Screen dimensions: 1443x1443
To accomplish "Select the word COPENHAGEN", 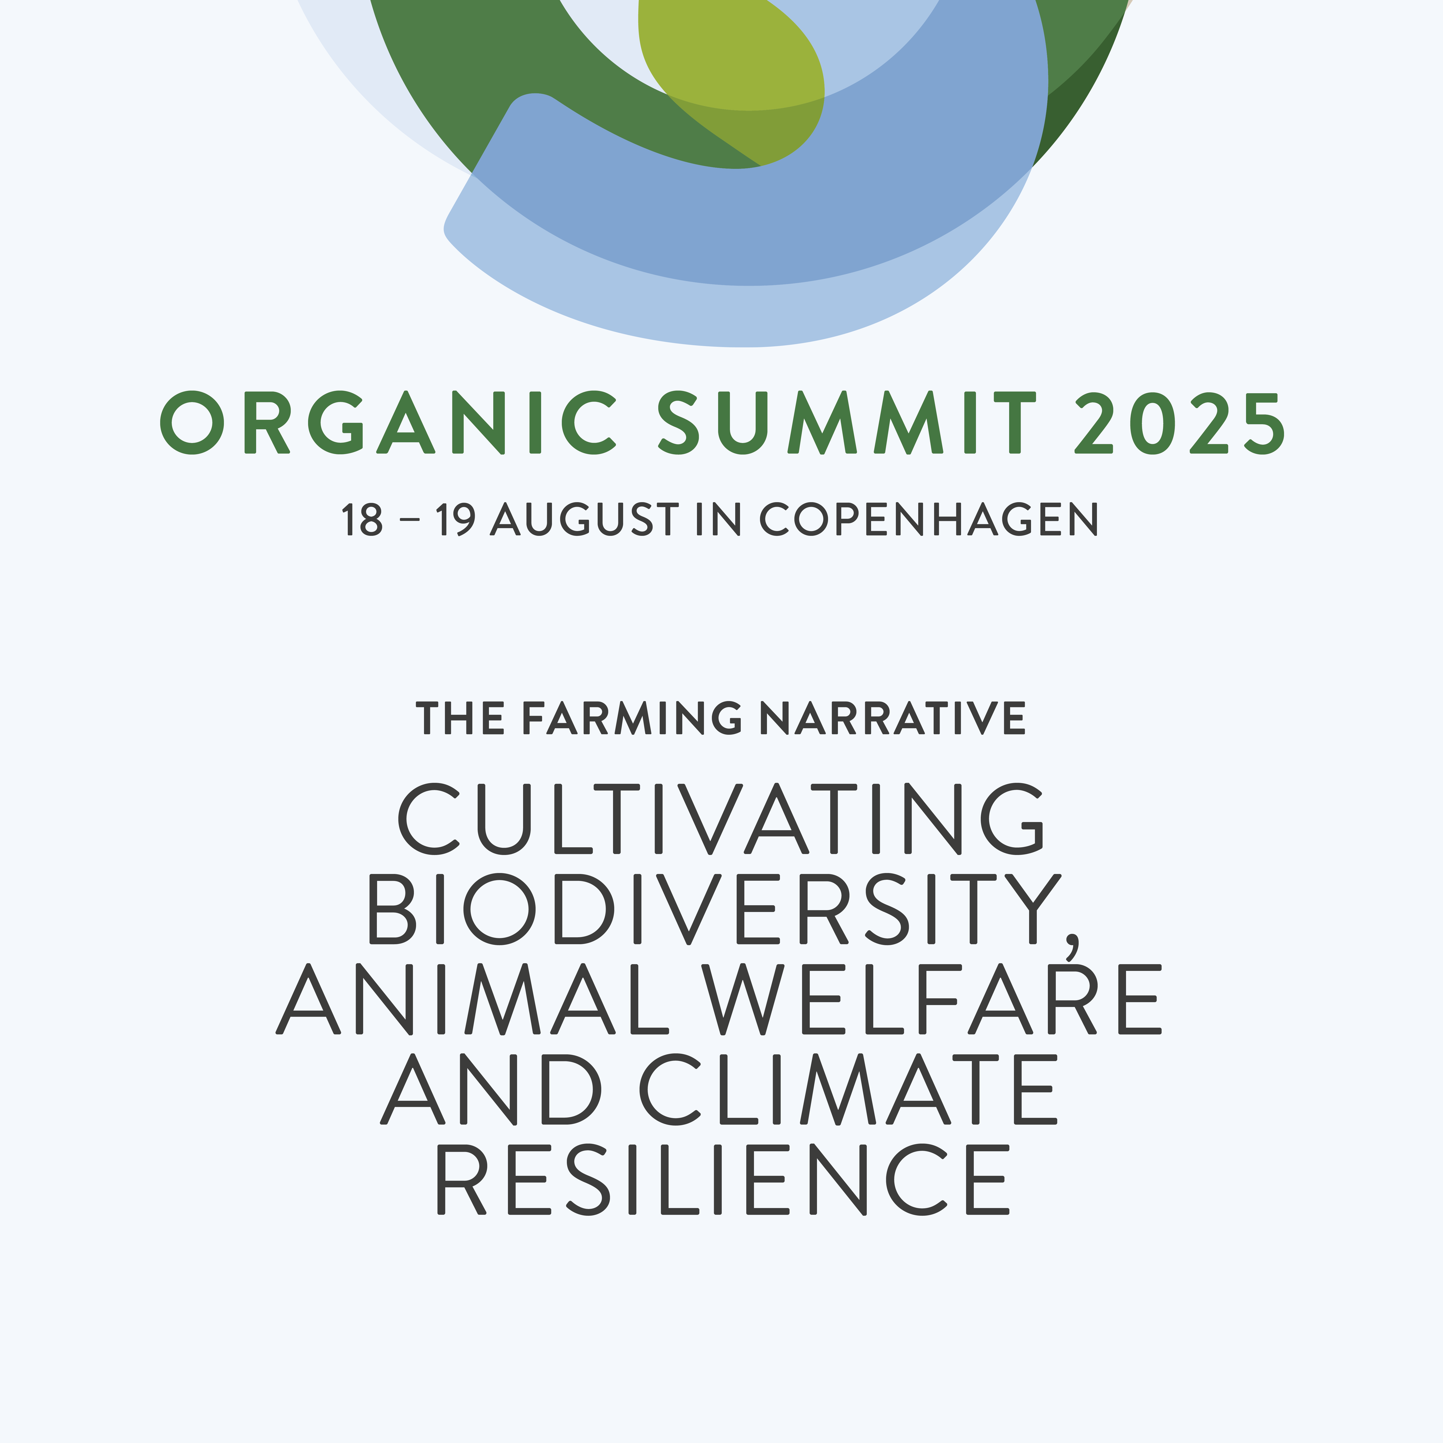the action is click(929, 519).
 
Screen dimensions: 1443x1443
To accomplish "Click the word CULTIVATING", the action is click(721, 819).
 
